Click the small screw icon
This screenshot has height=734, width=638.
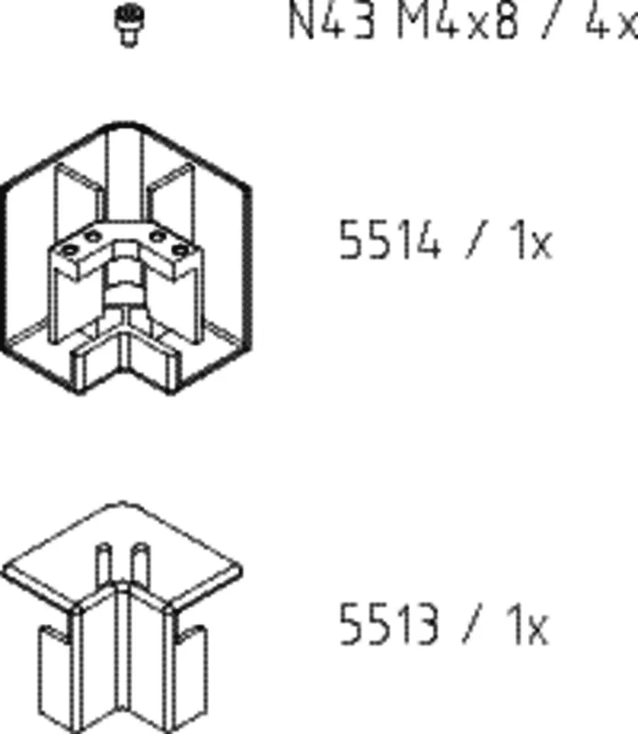129,25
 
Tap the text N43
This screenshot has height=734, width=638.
332,21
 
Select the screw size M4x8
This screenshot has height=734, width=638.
458,21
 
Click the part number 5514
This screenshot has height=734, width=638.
390,239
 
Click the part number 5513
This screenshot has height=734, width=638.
389,625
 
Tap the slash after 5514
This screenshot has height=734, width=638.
476,239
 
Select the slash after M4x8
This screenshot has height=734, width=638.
552,21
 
